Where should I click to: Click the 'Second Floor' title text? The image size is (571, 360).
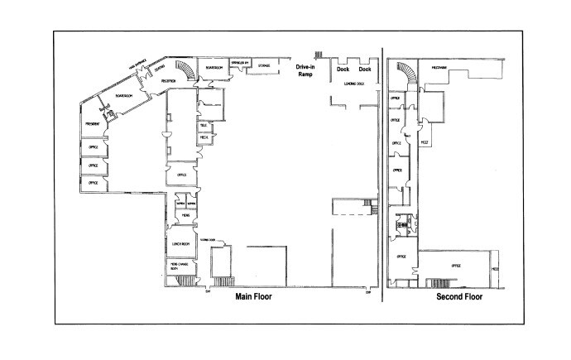tap(458, 296)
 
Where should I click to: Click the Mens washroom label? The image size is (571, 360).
tap(181, 214)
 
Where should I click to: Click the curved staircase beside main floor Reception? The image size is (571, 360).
tap(190, 72)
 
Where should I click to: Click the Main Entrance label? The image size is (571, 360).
tap(137, 68)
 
